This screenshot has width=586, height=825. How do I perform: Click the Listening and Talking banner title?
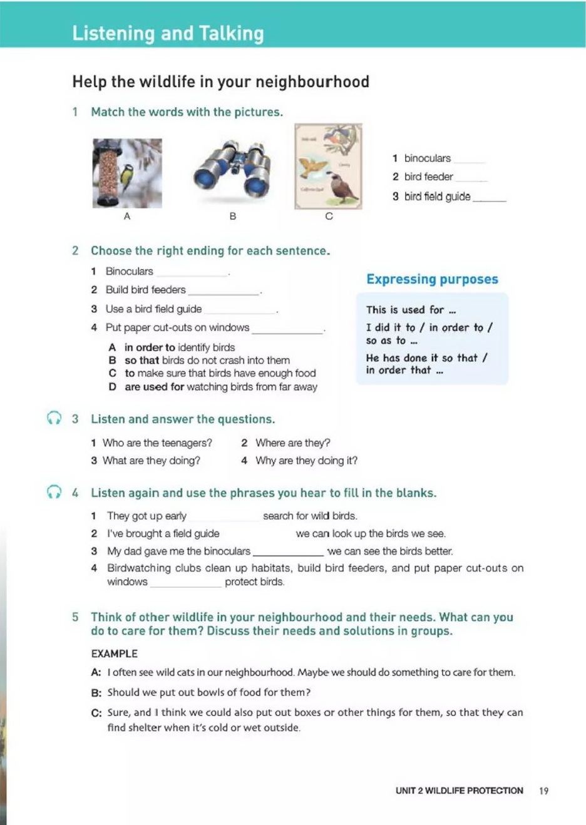pyautogui.click(x=168, y=33)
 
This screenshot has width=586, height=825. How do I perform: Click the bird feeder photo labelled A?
pyautogui.click(x=127, y=173)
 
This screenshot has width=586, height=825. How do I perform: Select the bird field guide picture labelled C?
pyautogui.click(x=328, y=167)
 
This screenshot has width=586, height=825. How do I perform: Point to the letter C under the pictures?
pyautogui.click(x=329, y=216)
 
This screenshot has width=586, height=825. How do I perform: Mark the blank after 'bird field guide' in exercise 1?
pyautogui.click(x=489, y=198)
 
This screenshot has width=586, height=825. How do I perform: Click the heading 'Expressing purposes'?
pyautogui.click(x=432, y=279)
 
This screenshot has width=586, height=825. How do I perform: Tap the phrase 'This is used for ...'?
pyautogui.click(x=411, y=310)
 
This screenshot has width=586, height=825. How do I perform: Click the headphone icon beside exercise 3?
pyautogui.click(x=54, y=418)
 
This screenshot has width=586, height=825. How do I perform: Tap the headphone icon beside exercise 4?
pyautogui.click(x=54, y=492)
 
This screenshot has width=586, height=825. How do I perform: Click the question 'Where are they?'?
pyautogui.click(x=292, y=443)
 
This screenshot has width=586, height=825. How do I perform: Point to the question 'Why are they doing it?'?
pyautogui.click(x=306, y=461)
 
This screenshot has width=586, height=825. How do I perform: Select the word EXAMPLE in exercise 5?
pyautogui.click(x=114, y=653)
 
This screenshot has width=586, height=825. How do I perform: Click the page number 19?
pyautogui.click(x=543, y=791)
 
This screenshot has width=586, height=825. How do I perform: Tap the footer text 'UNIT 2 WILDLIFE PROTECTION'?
pyautogui.click(x=459, y=791)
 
